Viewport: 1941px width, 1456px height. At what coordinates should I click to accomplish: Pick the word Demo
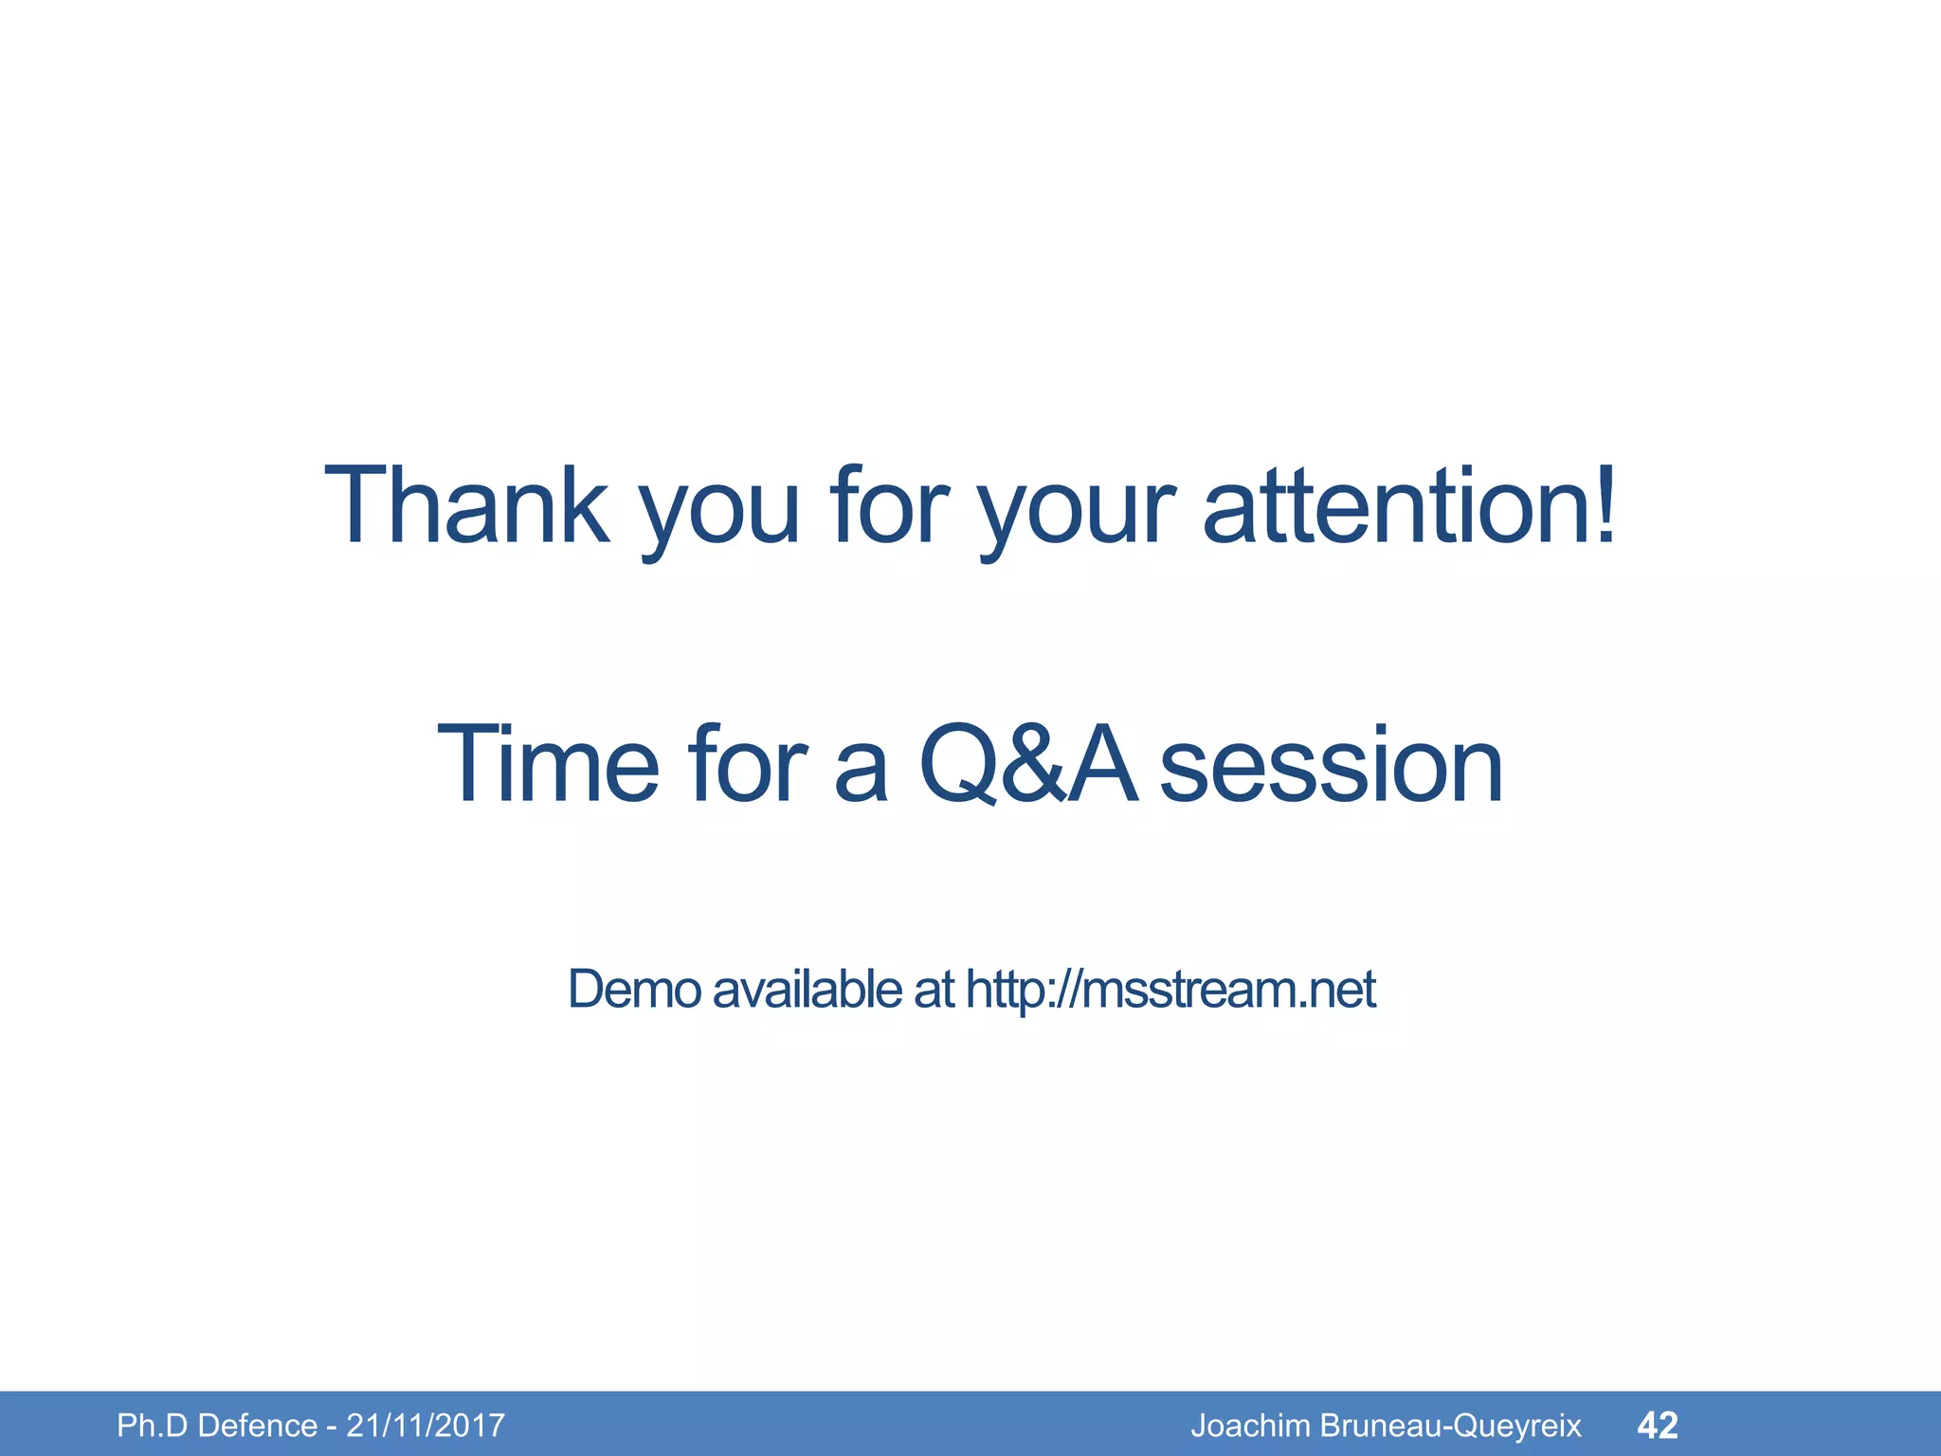pyautogui.click(x=634, y=990)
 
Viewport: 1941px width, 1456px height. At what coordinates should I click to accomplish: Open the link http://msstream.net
pyautogui.click(x=1170, y=990)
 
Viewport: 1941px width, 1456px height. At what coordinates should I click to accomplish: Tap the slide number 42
pyautogui.click(x=1658, y=1425)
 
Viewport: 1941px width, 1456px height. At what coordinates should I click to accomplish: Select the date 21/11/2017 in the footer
pyautogui.click(x=425, y=1426)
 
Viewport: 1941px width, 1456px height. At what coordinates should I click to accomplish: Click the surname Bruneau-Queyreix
pyautogui.click(x=1450, y=1426)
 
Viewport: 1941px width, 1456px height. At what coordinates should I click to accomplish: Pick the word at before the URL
pyautogui.click(x=934, y=990)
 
